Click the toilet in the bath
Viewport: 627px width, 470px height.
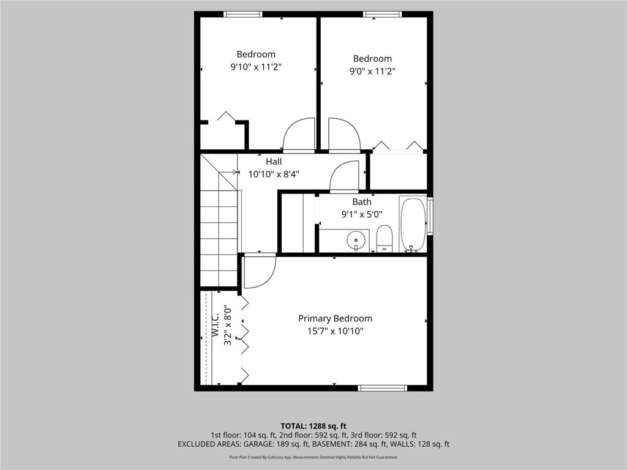coord(384,238)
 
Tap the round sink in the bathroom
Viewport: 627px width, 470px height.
coord(355,239)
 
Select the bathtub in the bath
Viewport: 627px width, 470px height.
coord(413,224)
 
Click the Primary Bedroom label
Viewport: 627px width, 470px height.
coord(335,318)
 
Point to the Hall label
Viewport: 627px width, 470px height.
coord(274,162)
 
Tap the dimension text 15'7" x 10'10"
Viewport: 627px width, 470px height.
coord(335,331)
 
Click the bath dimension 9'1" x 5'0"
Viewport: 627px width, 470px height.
coord(361,214)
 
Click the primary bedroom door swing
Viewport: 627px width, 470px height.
coord(260,271)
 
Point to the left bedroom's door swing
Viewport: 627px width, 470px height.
coord(299,135)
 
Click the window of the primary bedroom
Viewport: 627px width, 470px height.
coord(383,387)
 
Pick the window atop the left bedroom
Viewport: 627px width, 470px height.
coord(242,14)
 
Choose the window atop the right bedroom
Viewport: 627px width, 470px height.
coord(383,14)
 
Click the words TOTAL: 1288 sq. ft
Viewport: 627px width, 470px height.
coord(313,426)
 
